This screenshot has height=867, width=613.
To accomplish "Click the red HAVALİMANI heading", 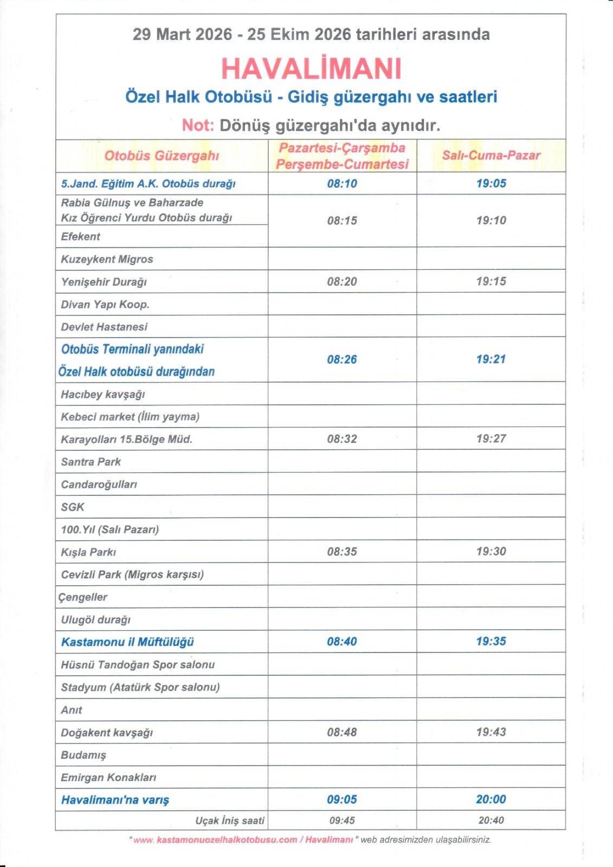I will click(311, 69).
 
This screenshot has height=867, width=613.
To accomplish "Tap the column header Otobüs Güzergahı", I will click(162, 156).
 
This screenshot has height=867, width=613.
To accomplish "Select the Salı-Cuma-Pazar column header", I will click(491, 156).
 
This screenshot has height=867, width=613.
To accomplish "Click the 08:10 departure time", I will click(342, 184).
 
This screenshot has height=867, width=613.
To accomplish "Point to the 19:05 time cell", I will click(491, 184).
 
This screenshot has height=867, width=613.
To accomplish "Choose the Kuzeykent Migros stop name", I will click(107, 260).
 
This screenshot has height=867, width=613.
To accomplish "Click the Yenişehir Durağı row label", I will click(104, 282).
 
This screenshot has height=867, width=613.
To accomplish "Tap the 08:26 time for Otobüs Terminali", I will click(342, 359).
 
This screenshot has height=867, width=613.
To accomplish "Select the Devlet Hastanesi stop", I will click(104, 327).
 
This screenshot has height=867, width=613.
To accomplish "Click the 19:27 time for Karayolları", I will click(491, 439).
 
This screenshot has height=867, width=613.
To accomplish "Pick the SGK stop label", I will click(73, 507).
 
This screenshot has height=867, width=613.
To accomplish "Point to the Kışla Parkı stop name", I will click(88, 552).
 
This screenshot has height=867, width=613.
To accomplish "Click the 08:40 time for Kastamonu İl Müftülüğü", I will click(342, 642).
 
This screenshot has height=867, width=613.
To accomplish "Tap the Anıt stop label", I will click(72, 710).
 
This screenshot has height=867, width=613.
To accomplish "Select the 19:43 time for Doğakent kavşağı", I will click(491, 732).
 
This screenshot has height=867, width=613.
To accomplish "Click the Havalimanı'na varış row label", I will click(115, 800).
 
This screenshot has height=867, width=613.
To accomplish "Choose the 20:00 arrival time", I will click(491, 799).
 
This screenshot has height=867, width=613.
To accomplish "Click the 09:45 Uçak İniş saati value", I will click(342, 820).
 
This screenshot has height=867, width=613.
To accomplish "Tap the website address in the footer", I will click(243, 840).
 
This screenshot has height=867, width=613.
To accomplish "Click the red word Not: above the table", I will click(198, 125).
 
